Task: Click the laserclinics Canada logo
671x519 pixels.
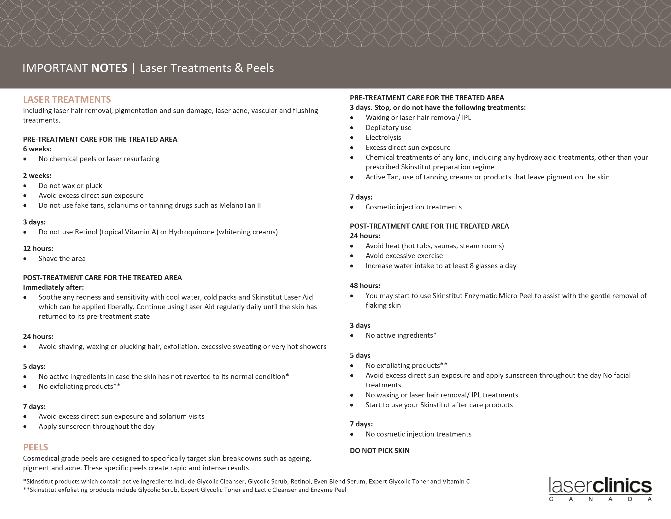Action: (600, 488)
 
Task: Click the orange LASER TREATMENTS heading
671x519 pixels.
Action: (67, 99)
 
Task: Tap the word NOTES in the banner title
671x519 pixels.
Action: (109, 68)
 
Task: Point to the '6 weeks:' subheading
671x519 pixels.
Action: (37, 149)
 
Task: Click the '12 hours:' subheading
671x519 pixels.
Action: (38, 249)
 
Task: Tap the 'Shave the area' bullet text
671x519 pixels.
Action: (62, 259)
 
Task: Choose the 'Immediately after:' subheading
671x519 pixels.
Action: (53, 287)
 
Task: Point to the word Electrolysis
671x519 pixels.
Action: (383, 137)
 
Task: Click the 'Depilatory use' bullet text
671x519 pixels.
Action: (388, 128)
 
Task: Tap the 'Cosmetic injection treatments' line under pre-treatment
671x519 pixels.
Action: (413, 207)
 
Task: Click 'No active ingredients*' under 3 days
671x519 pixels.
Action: (401, 335)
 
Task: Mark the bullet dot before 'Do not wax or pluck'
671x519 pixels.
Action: (25, 186)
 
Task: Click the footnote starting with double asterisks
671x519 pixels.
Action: (184, 490)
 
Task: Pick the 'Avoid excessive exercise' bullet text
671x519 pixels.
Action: (404, 256)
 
